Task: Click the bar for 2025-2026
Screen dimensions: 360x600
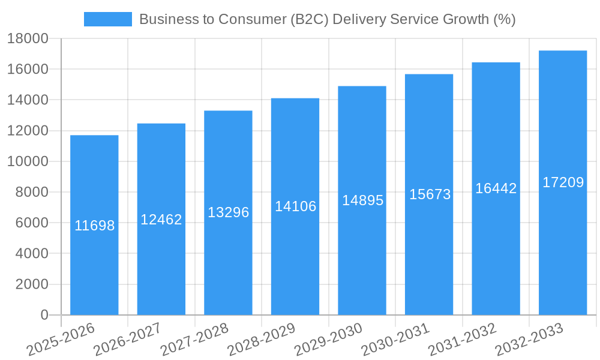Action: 94,270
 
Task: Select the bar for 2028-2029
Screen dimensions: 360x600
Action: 295,264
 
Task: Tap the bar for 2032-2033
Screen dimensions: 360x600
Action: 563,252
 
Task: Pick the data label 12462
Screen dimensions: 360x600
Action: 161,220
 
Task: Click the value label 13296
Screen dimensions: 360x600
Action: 228,212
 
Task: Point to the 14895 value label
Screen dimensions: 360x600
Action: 362,200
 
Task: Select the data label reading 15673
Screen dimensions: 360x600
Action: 430,194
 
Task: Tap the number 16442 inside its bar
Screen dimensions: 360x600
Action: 496,188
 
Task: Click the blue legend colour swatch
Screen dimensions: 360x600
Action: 108,19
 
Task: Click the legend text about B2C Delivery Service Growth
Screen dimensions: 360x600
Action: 327,19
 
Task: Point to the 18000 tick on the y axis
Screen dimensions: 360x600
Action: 28,38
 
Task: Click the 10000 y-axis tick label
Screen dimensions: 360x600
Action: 28,161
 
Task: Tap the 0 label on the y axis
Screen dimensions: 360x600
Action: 44,315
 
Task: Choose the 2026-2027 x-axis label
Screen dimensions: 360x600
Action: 127,338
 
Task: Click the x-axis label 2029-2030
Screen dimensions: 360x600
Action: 328,338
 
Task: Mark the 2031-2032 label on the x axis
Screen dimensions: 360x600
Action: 462,338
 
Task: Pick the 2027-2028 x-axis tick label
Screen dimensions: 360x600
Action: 194,338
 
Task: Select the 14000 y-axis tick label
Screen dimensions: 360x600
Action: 28,100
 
